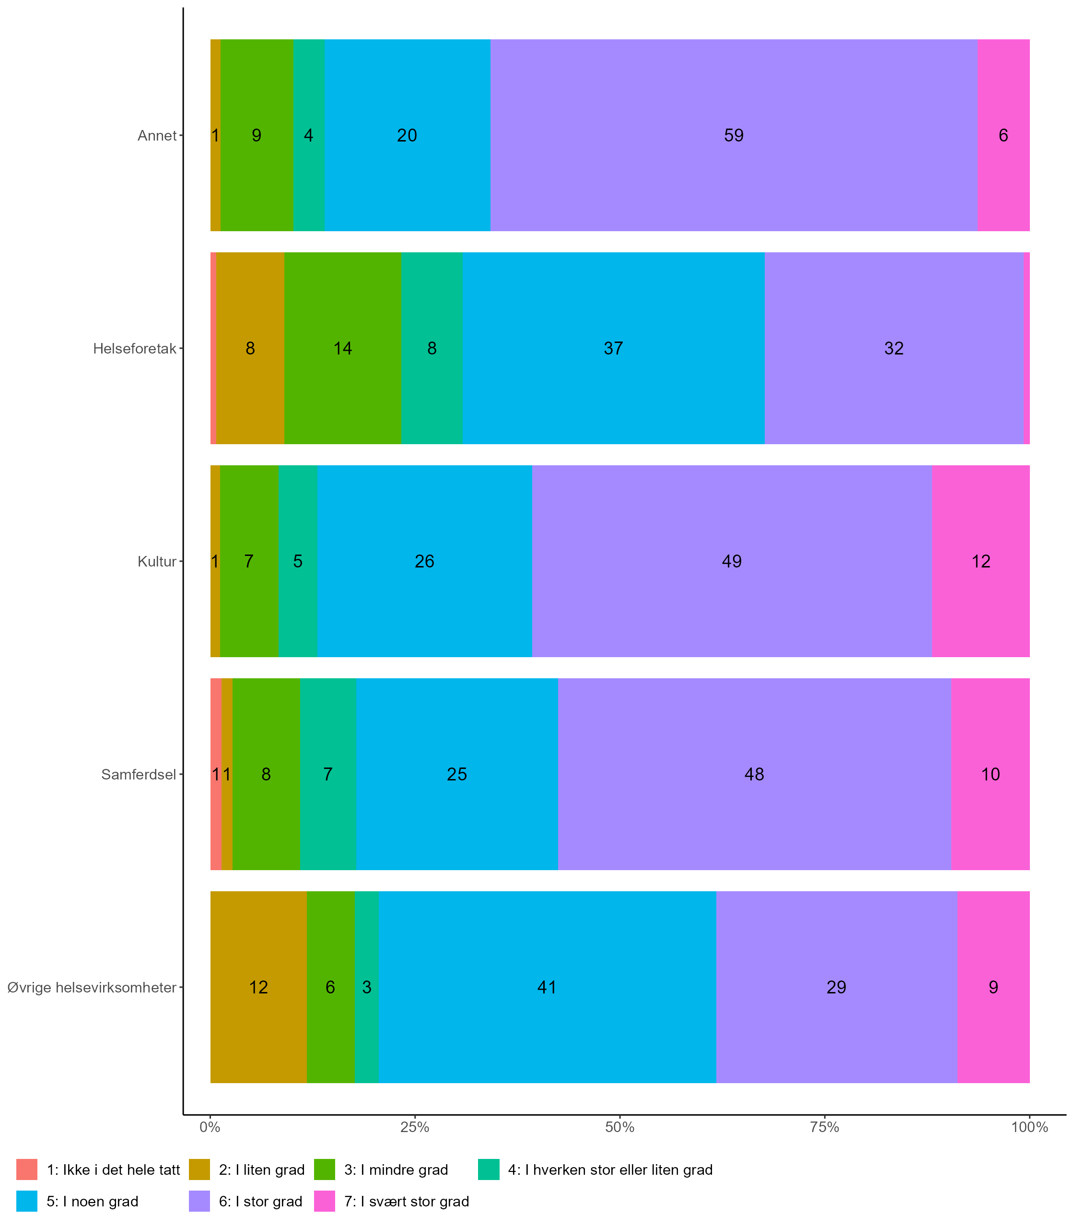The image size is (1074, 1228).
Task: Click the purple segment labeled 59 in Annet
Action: tap(734, 135)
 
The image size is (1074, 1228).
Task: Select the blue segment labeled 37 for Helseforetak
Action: tap(613, 348)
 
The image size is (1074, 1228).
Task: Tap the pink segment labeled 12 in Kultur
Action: tap(981, 561)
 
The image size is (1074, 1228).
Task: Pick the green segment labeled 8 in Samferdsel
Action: tap(266, 774)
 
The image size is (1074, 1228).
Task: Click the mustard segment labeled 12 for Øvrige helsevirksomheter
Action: tap(258, 987)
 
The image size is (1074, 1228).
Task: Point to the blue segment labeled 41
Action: tap(547, 987)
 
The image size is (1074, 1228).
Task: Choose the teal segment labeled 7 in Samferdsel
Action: tap(328, 774)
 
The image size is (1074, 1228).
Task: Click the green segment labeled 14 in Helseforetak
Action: tap(342, 348)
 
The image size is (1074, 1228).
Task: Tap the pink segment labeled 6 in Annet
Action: tap(1003, 135)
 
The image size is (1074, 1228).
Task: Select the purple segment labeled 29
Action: tap(836, 987)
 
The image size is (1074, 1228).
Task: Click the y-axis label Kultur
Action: tap(157, 562)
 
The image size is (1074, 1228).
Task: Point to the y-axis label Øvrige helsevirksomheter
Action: tap(92, 988)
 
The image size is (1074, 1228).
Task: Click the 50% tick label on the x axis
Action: tap(619, 1128)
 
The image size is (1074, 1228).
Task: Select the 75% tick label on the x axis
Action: tap(825, 1128)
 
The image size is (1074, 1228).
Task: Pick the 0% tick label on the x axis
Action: tap(210, 1128)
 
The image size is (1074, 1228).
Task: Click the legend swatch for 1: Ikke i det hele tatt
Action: tap(27, 1170)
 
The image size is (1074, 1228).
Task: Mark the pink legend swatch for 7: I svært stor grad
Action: tap(324, 1202)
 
